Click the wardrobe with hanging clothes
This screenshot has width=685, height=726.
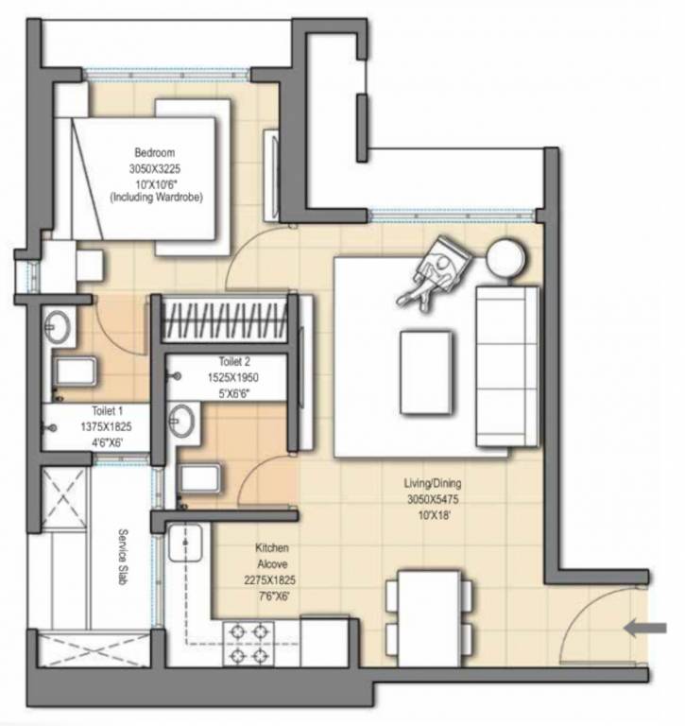(224, 318)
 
